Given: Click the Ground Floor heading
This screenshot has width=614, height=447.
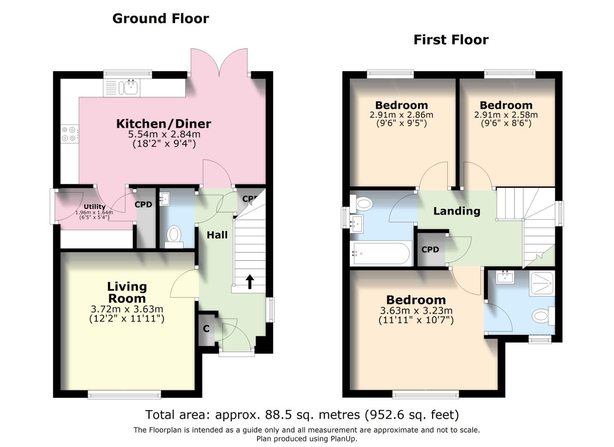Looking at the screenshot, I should click(160, 19).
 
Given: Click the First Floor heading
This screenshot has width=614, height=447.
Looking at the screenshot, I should click(451, 40).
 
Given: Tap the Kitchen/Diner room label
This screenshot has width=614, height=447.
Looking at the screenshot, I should click(163, 123).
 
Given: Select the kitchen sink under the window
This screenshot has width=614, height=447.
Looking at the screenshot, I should click(128, 88).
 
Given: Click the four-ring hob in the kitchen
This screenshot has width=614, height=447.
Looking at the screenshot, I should click(69, 134).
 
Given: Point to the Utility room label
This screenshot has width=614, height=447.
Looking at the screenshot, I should click(94, 207).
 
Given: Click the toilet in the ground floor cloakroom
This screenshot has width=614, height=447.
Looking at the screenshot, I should click(174, 235).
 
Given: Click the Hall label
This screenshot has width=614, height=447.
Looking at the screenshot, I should click(217, 235).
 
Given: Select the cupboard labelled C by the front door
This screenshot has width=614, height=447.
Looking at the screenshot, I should click(206, 329).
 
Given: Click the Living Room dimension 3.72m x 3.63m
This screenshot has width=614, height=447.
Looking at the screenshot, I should click(127, 309).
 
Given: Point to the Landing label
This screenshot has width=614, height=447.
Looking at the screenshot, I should click(456, 211).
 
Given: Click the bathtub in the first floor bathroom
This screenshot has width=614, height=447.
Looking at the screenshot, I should click(381, 253).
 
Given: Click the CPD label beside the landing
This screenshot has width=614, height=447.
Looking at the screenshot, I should click(430, 250).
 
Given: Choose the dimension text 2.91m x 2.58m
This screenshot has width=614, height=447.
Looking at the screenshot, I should click(506, 115).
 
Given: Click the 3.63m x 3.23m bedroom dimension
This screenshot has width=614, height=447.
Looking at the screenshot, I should click(416, 311).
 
